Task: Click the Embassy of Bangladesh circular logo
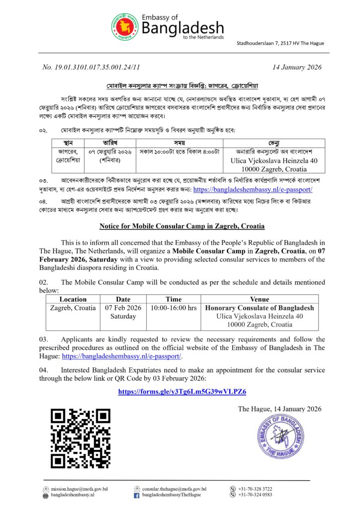[x=124, y=28]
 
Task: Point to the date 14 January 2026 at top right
[x=297, y=67]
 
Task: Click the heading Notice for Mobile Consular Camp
[x=181, y=226]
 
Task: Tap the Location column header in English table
[x=73, y=299]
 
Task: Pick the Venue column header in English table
[x=260, y=299]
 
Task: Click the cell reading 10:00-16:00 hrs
[x=174, y=308]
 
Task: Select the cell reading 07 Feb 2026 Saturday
[x=123, y=312]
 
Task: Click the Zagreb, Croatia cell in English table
[x=73, y=308]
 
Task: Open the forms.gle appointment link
[x=182, y=392]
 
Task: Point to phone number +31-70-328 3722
[x=255, y=489]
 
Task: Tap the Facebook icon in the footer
[x=136, y=496]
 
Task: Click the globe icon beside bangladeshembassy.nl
[x=46, y=496]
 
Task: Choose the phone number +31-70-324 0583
[x=255, y=495]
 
